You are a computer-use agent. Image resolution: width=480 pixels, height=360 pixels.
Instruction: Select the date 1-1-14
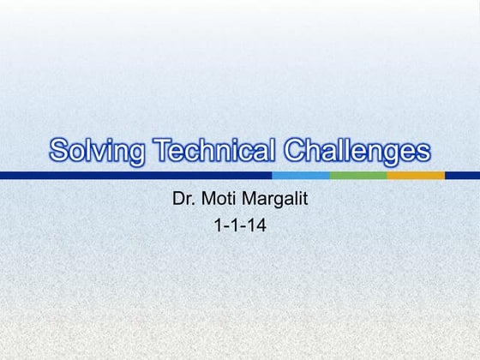[240, 228]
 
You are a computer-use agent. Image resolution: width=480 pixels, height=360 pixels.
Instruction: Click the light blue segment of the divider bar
[301, 176]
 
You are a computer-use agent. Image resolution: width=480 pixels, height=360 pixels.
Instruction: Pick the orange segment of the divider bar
[416, 176]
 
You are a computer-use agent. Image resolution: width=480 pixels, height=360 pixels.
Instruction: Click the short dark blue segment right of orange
[462, 176]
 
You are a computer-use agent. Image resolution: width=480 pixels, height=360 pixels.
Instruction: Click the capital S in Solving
[59, 151]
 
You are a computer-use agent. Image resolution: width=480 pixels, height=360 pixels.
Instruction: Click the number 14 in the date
[254, 228]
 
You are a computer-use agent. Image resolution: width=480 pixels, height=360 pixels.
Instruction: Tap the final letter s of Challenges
[423, 153]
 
